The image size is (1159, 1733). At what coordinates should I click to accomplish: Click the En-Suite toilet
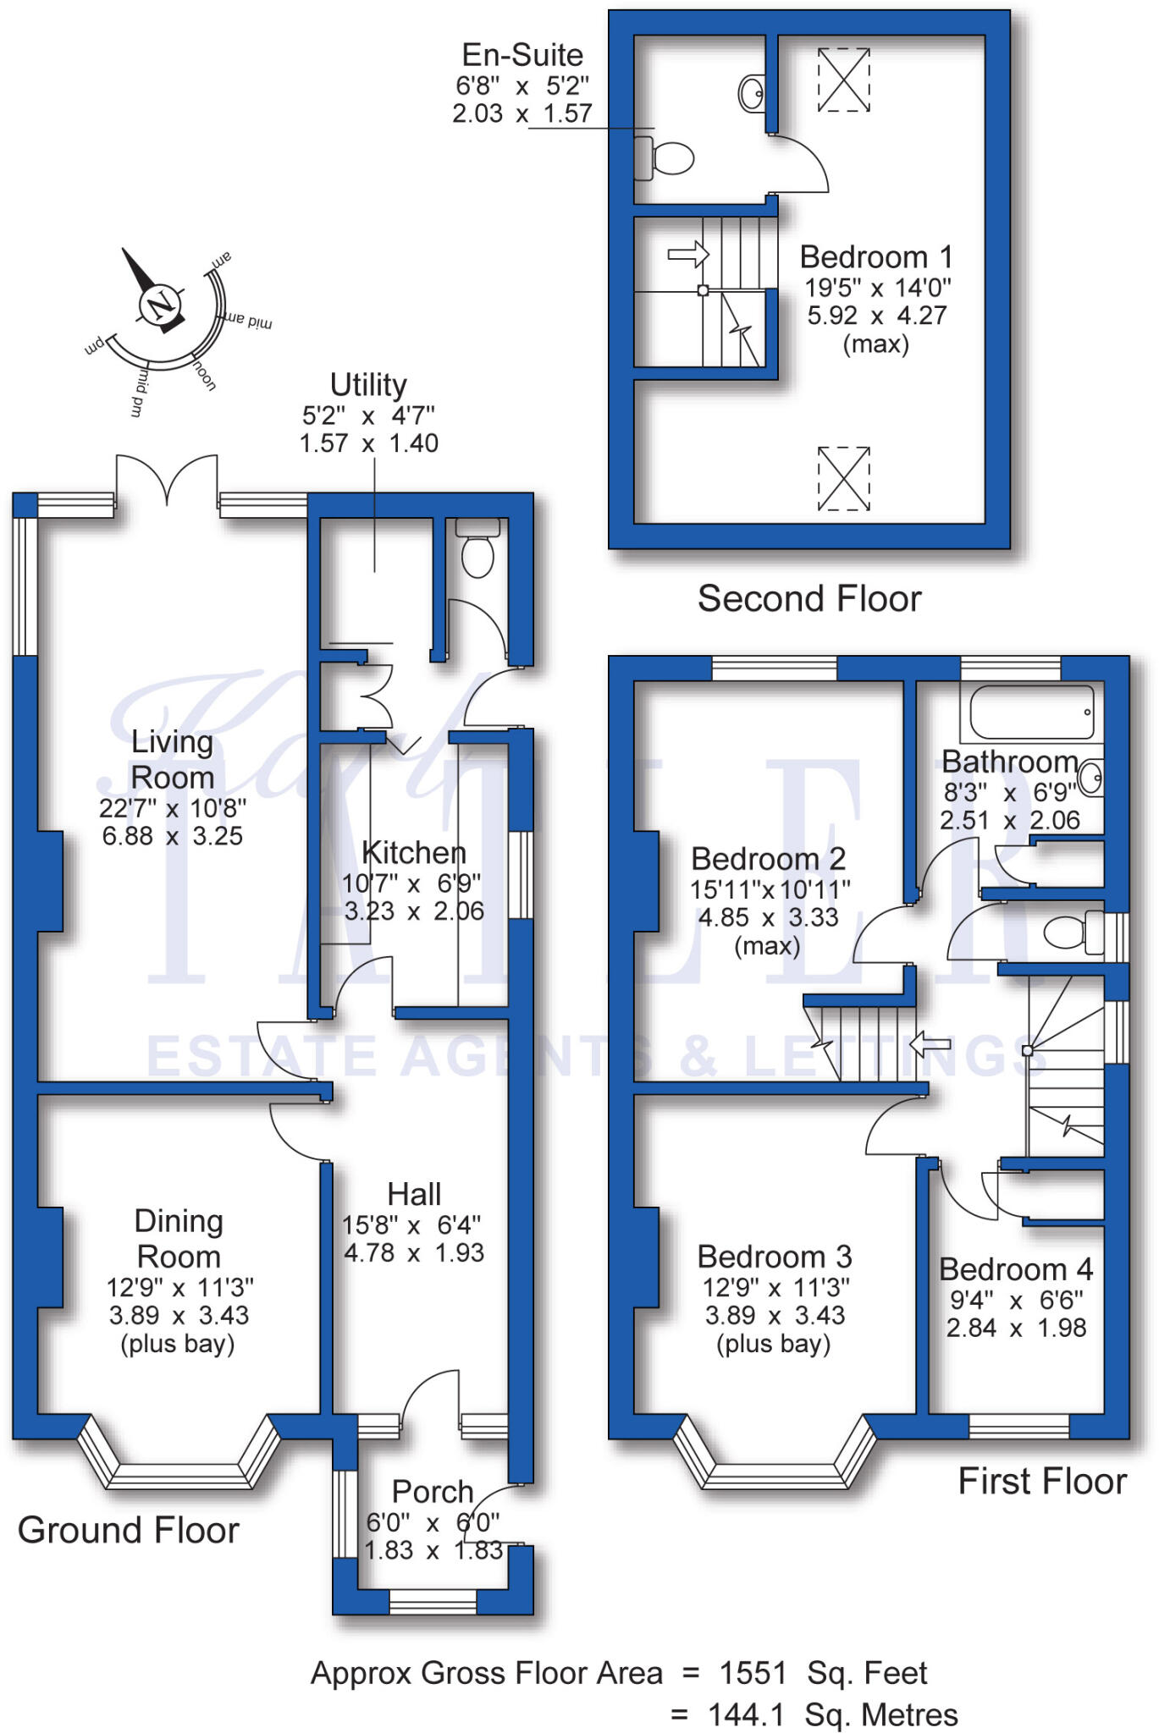click(667, 158)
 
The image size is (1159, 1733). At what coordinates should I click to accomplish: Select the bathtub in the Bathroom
click(1031, 712)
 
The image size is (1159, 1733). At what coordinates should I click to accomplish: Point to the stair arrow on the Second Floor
click(687, 253)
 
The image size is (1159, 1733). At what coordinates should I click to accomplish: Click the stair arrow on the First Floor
click(930, 1045)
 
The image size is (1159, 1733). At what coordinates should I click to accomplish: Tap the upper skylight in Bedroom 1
click(843, 80)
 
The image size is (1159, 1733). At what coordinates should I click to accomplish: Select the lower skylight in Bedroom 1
click(843, 478)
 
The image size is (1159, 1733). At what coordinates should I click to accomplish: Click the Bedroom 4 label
click(1015, 1269)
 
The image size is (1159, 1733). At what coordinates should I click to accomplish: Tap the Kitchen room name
click(413, 852)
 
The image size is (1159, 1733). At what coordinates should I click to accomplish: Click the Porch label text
click(433, 1491)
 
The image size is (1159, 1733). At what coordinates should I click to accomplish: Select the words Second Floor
click(809, 599)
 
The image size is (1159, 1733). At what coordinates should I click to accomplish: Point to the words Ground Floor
click(129, 1530)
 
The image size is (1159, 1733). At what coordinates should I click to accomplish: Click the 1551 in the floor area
click(753, 1673)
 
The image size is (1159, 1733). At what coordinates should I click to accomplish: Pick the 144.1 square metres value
click(746, 1715)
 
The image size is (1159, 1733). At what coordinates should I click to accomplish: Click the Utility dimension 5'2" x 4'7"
click(368, 415)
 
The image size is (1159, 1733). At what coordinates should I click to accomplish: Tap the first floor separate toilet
click(1068, 933)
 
